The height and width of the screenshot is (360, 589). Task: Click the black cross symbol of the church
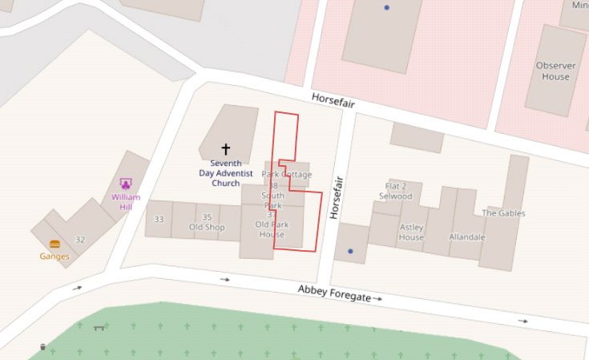[x=225, y=149]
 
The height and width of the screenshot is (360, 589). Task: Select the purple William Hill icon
[x=126, y=184]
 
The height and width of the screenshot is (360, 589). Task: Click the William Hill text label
[x=126, y=201]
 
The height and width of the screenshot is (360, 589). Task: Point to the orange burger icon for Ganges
[x=54, y=244]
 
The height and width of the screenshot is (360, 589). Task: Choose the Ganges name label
[x=54, y=257]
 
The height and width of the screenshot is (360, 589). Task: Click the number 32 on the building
[x=80, y=240]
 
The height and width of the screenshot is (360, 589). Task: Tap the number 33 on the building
[x=159, y=219]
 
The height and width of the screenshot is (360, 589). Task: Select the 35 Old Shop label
[x=207, y=222]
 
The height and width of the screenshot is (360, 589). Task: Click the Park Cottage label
[x=287, y=175]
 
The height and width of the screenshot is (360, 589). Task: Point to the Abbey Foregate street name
[x=334, y=293]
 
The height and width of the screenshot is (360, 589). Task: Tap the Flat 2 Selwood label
[x=395, y=192]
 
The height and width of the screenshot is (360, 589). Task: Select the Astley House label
[x=411, y=233]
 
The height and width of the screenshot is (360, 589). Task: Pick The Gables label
[x=503, y=213]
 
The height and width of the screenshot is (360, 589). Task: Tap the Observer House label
[x=553, y=71]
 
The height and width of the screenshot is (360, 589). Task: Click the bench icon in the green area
[x=99, y=327]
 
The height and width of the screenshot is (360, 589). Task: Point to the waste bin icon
[x=42, y=347]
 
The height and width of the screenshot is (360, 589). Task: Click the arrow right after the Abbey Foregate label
[x=377, y=298]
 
